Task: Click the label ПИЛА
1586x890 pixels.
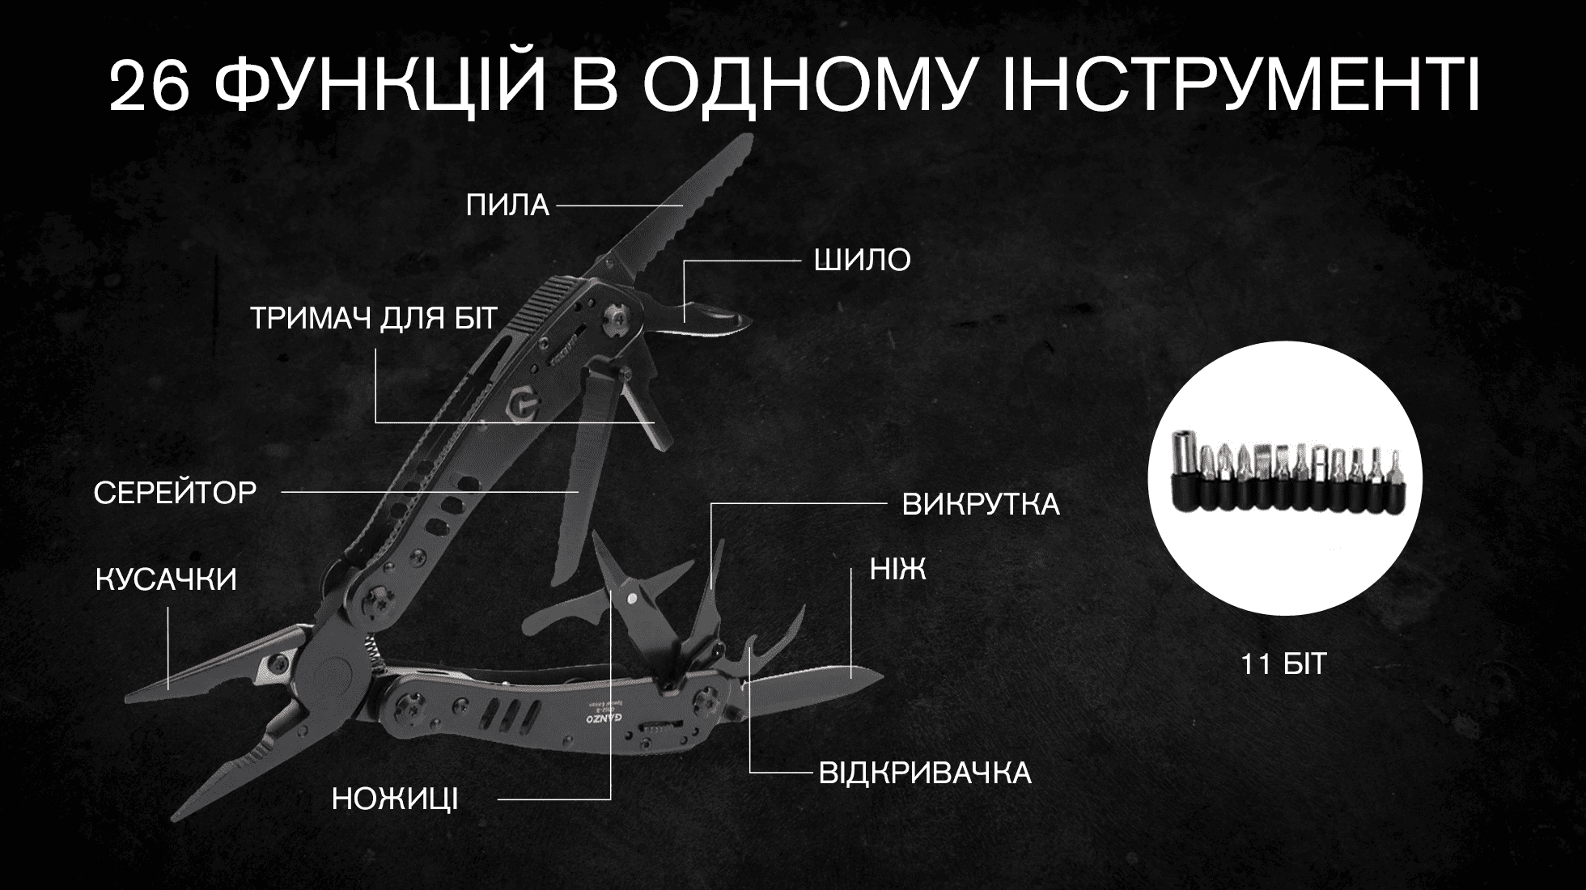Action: (507, 206)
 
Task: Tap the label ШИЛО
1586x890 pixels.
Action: (862, 261)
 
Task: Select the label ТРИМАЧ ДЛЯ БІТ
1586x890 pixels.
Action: (373, 319)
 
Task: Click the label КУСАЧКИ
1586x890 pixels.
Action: (166, 580)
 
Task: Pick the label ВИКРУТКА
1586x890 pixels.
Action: (981, 505)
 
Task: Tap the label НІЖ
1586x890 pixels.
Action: (898, 570)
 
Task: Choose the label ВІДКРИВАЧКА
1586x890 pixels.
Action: (925, 773)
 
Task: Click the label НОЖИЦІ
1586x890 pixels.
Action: (395, 800)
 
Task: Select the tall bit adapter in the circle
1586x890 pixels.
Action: (1185, 469)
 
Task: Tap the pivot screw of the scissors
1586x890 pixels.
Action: (633, 597)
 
